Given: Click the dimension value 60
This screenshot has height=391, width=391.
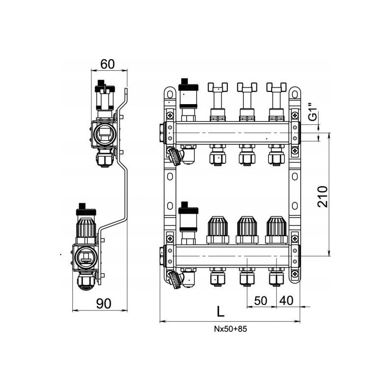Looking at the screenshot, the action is (x=108, y=64).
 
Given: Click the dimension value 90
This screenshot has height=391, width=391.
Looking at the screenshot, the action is (x=104, y=304).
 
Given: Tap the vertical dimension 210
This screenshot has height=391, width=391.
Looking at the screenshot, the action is (x=323, y=196).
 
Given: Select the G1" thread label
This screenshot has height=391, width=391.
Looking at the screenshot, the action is (x=313, y=112).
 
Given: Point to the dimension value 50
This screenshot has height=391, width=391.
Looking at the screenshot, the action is (x=261, y=301).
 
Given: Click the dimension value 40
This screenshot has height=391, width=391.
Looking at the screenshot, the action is (x=286, y=301).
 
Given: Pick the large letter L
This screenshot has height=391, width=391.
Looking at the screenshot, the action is (x=220, y=311).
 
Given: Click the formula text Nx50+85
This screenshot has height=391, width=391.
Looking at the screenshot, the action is (x=231, y=329).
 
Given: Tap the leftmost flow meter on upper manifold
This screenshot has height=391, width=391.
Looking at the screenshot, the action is (x=217, y=102).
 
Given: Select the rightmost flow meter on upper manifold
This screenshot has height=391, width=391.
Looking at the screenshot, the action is (x=276, y=102).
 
